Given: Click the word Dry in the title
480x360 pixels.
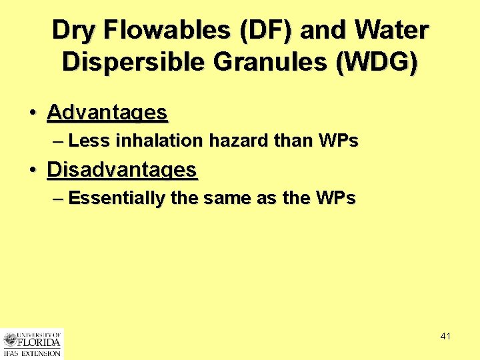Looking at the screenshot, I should point(74,31).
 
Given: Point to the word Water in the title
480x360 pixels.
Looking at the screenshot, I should point(392,31).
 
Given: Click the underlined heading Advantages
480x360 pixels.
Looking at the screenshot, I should point(107,113).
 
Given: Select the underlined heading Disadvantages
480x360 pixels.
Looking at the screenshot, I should point(122,170).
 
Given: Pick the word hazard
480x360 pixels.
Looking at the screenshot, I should point(237,141).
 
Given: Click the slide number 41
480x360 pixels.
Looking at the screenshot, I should point(445,336).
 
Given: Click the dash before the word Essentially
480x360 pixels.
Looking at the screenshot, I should point(58,198).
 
